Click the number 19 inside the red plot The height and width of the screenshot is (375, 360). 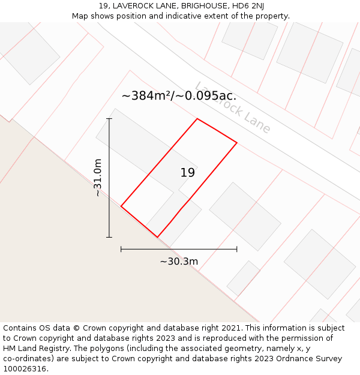(187, 173)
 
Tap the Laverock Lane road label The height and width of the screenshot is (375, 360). (233, 107)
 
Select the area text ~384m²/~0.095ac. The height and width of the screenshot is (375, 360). (179, 95)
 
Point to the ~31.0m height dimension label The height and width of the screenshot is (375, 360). (98, 178)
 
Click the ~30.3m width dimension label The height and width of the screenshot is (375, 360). (179, 261)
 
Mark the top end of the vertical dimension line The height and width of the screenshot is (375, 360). (109, 119)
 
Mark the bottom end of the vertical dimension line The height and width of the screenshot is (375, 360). (109, 237)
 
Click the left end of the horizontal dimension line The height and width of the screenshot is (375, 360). (121, 248)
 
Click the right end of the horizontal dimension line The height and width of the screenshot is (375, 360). (237, 248)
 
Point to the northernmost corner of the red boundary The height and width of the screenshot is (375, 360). (197, 119)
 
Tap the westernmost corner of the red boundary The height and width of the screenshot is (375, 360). (121, 206)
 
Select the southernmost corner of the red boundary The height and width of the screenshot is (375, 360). (157, 237)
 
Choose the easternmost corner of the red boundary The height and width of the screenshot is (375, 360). (237, 143)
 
